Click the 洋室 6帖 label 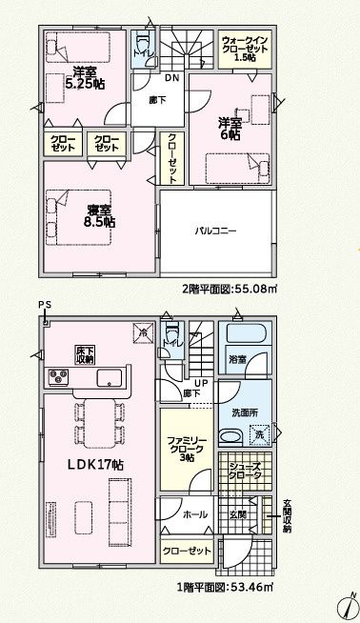point(230,131)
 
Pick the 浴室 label point(237,360)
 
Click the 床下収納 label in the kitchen point(85,354)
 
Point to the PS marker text point(44,304)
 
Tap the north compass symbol point(348,605)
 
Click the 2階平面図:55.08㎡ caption point(229,289)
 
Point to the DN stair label point(172,77)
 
